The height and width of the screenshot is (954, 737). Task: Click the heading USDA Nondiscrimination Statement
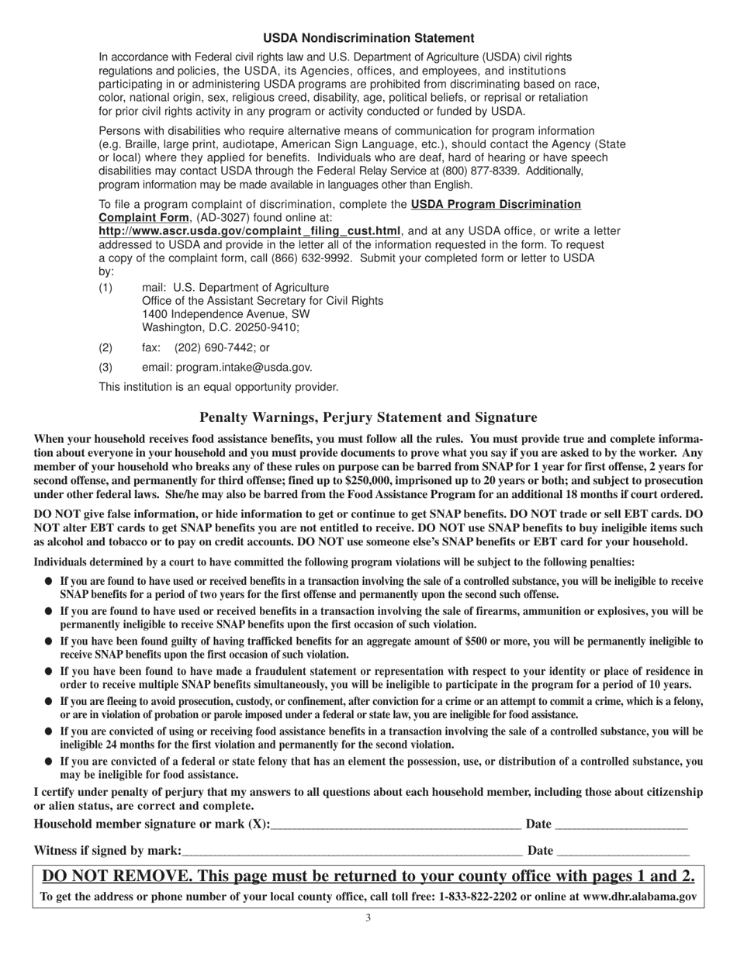368,38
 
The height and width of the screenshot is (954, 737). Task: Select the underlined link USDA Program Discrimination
496,205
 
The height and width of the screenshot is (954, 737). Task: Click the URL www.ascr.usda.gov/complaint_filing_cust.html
250,231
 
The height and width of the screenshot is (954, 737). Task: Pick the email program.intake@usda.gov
244,368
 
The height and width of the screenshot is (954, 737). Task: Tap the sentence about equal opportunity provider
219,387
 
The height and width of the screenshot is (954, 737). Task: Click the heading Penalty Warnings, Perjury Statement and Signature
368,417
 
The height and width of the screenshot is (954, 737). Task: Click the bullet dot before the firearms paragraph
48,611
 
